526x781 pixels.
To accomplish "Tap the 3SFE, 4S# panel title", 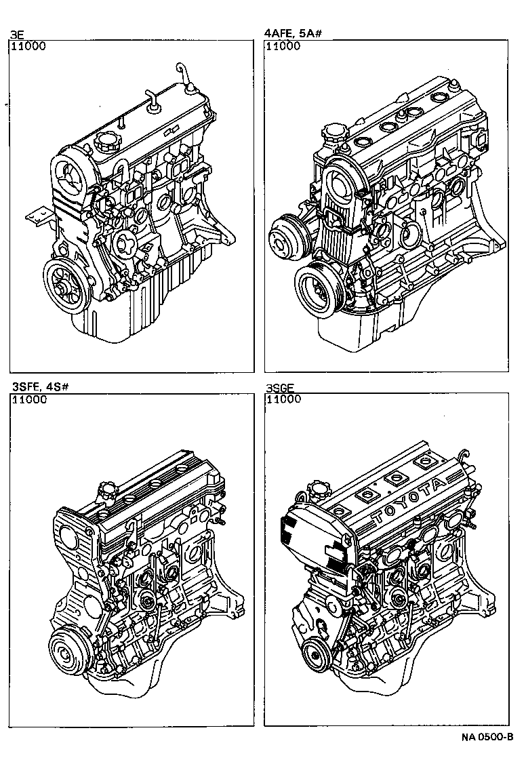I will pyautogui.click(x=40, y=387).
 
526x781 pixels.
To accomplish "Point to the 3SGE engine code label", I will pyautogui.click(x=281, y=388).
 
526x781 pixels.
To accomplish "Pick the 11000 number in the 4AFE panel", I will pyautogui.click(x=283, y=46).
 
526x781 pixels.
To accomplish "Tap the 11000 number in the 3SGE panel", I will pyautogui.click(x=283, y=400).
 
